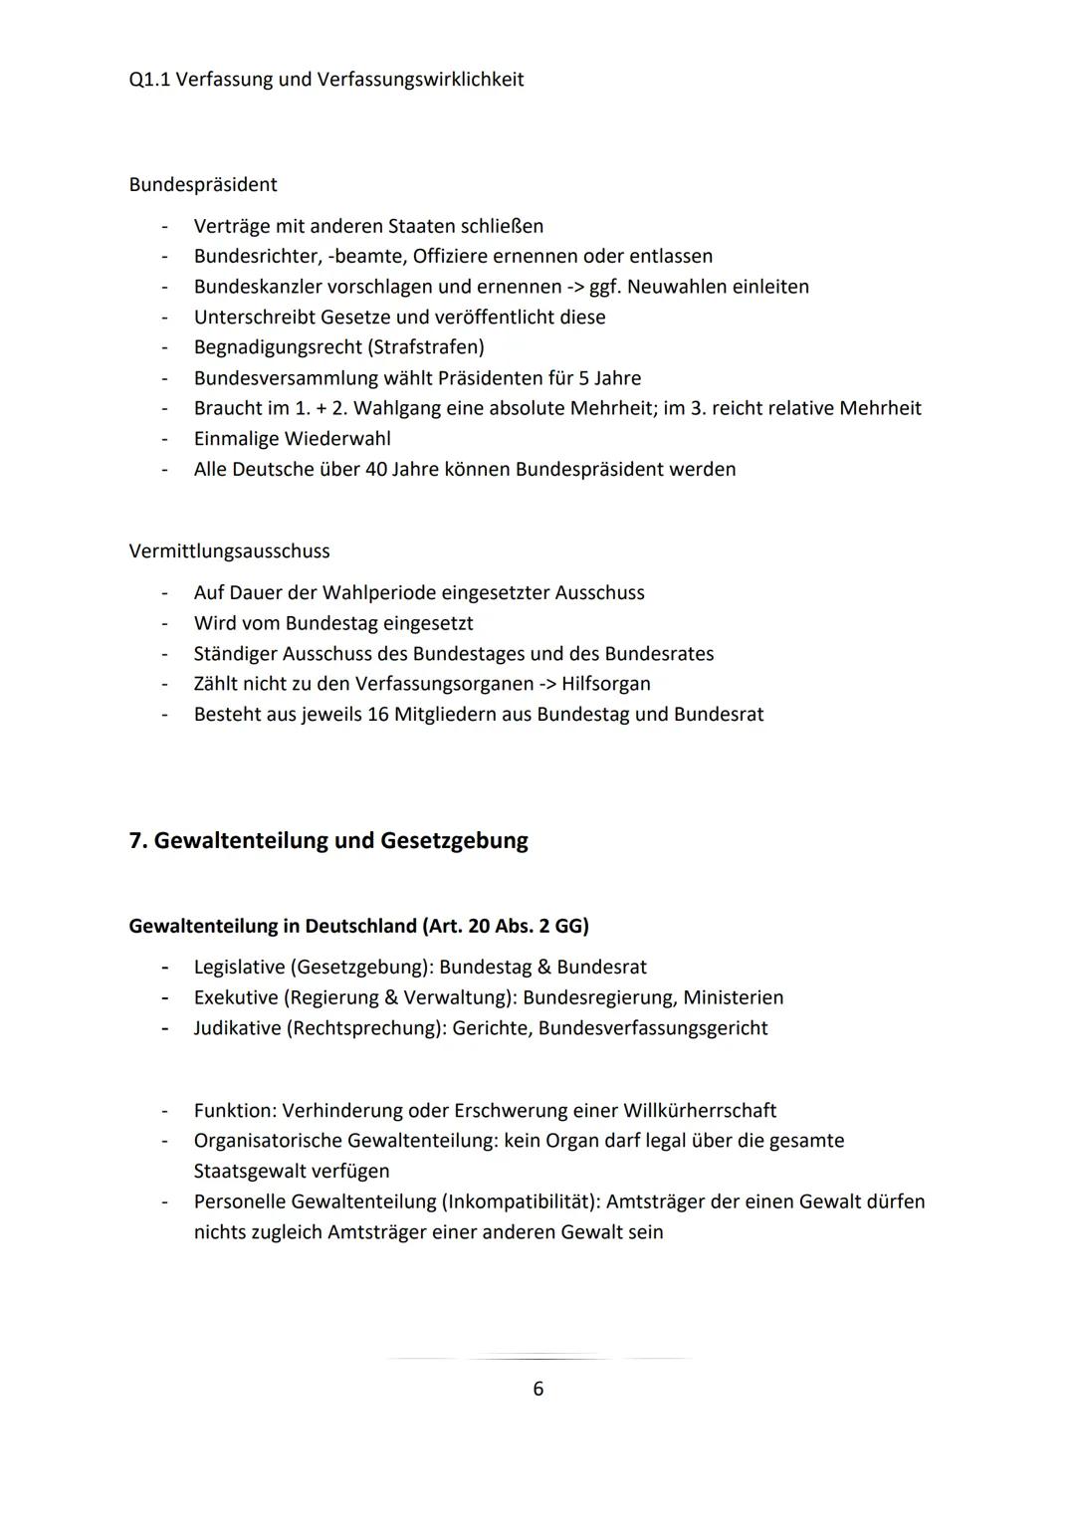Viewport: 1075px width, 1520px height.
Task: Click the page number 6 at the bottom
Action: (x=537, y=1389)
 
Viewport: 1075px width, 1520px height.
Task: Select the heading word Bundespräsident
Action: (x=203, y=185)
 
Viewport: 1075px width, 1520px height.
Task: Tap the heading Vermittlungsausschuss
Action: (x=229, y=551)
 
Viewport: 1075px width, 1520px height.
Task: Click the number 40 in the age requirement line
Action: (x=376, y=469)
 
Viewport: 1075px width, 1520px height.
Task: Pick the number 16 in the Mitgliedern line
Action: (x=376, y=715)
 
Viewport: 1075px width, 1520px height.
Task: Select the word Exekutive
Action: (x=236, y=997)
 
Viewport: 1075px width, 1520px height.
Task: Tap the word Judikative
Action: (x=237, y=1028)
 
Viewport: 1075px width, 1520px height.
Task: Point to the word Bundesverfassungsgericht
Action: (x=653, y=1028)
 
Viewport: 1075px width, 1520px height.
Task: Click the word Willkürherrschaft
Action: (x=700, y=1111)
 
